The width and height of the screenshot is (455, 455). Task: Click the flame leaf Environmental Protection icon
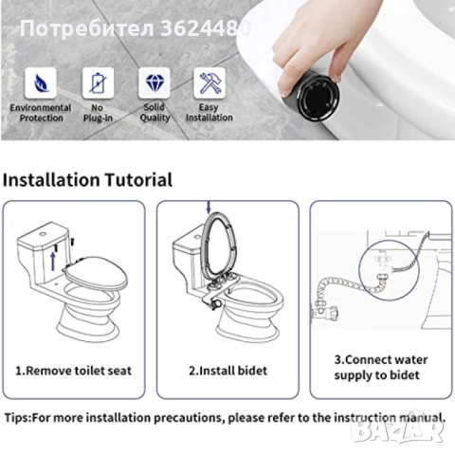[x=41, y=83]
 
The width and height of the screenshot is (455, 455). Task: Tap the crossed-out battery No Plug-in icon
[x=98, y=83]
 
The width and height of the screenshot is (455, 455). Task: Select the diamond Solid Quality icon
[x=155, y=83]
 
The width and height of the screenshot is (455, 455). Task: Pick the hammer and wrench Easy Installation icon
[x=209, y=83]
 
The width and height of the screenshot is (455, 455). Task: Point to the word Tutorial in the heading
[x=138, y=180]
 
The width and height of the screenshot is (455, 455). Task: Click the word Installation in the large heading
[x=51, y=180]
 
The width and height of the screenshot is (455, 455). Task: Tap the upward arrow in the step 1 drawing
[x=53, y=262]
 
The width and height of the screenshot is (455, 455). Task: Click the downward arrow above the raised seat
[x=209, y=207]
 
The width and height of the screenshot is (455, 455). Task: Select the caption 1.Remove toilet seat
[x=73, y=371]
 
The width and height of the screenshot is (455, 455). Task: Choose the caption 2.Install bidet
[x=227, y=371]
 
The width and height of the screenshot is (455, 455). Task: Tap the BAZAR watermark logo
[x=398, y=430]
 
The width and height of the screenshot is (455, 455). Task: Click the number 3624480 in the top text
[x=206, y=28]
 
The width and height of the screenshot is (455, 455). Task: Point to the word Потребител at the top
[x=87, y=28]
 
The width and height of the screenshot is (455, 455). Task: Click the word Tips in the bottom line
[x=16, y=418]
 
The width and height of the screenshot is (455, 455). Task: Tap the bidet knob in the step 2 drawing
[x=216, y=304]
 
